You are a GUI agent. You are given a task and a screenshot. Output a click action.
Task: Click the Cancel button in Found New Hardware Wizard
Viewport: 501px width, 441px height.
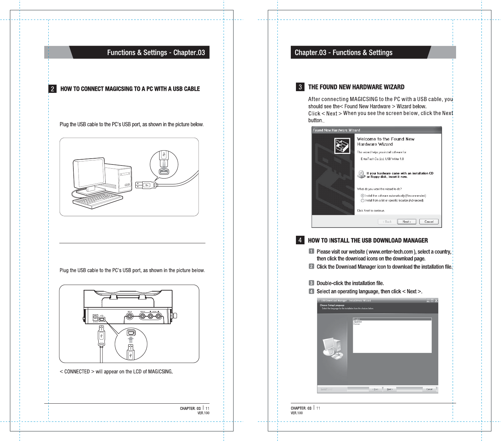click(429, 222)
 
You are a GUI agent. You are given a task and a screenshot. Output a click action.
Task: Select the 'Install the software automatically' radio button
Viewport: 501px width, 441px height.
click(362, 196)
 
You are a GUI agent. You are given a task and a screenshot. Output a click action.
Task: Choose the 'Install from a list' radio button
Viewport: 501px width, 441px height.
click(362, 200)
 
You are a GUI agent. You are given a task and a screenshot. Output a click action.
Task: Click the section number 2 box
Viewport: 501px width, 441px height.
click(52, 89)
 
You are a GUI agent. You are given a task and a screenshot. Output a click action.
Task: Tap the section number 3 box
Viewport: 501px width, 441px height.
click(300, 87)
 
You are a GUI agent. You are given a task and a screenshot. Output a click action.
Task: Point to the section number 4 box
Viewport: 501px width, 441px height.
click(300, 240)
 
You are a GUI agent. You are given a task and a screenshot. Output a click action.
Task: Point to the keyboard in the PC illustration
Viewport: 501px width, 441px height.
click(97, 200)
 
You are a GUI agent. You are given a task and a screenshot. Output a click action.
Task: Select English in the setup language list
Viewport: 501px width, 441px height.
click(357, 319)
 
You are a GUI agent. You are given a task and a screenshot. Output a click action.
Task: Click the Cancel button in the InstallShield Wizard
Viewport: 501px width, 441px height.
click(429, 389)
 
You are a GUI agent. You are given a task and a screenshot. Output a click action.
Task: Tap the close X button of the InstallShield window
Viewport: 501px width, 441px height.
click(436, 301)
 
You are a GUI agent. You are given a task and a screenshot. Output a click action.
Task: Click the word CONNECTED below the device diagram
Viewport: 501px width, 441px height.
click(77, 371)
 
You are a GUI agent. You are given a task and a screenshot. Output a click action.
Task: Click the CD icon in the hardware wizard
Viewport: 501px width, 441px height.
click(361, 174)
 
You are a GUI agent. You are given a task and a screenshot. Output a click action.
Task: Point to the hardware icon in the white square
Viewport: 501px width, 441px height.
click(342, 145)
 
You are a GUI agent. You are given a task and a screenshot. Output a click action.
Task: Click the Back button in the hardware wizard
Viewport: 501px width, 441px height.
click(387, 222)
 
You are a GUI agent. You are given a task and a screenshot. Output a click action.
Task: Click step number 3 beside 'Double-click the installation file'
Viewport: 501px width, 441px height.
click(311, 283)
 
